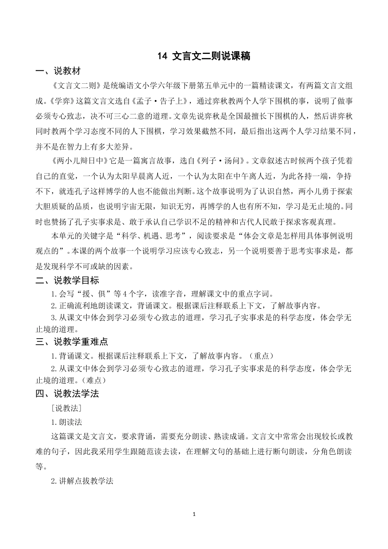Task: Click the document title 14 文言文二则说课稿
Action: pos(203,56)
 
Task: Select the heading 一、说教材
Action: pos(58,71)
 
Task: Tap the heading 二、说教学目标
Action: pos(67,281)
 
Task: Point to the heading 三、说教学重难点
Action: pos(72,341)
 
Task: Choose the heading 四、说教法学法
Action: pos(67,394)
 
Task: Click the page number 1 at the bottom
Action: pos(194,514)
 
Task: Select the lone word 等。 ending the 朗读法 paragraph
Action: pos(41,466)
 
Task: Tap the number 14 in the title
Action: pos(163,56)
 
